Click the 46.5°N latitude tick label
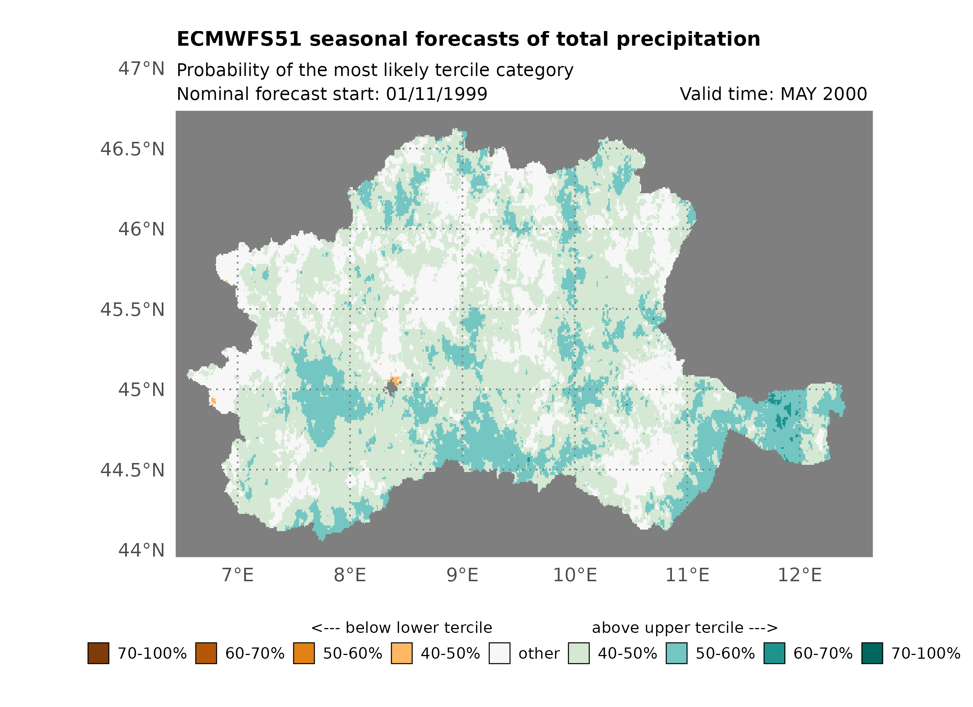pyautogui.click(x=132, y=149)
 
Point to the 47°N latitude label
pyautogui.click(x=141, y=68)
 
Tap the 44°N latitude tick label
pyautogui.click(x=141, y=551)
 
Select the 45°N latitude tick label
pyautogui.click(x=141, y=390)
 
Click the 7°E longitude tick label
pyautogui.click(x=238, y=575)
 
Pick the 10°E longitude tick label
pyautogui.click(x=575, y=575)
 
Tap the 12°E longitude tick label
pyautogui.click(x=800, y=575)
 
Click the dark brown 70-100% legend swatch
pyautogui.click(x=98, y=653)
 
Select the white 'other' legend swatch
pyautogui.click(x=499, y=653)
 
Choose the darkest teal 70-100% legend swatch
pyautogui.click(x=872, y=653)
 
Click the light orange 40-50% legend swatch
pyautogui.click(x=401, y=653)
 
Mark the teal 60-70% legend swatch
pyautogui.click(x=775, y=653)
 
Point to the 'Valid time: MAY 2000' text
pyautogui.click(x=773, y=94)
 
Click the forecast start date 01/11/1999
pyautogui.click(x=436, y=94)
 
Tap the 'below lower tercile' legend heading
pyautogui.click(x=401, y=628)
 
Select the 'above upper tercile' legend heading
pyautogui.click(x=685, y=628)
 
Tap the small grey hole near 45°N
pyautogui.click(x=392, y=388)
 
